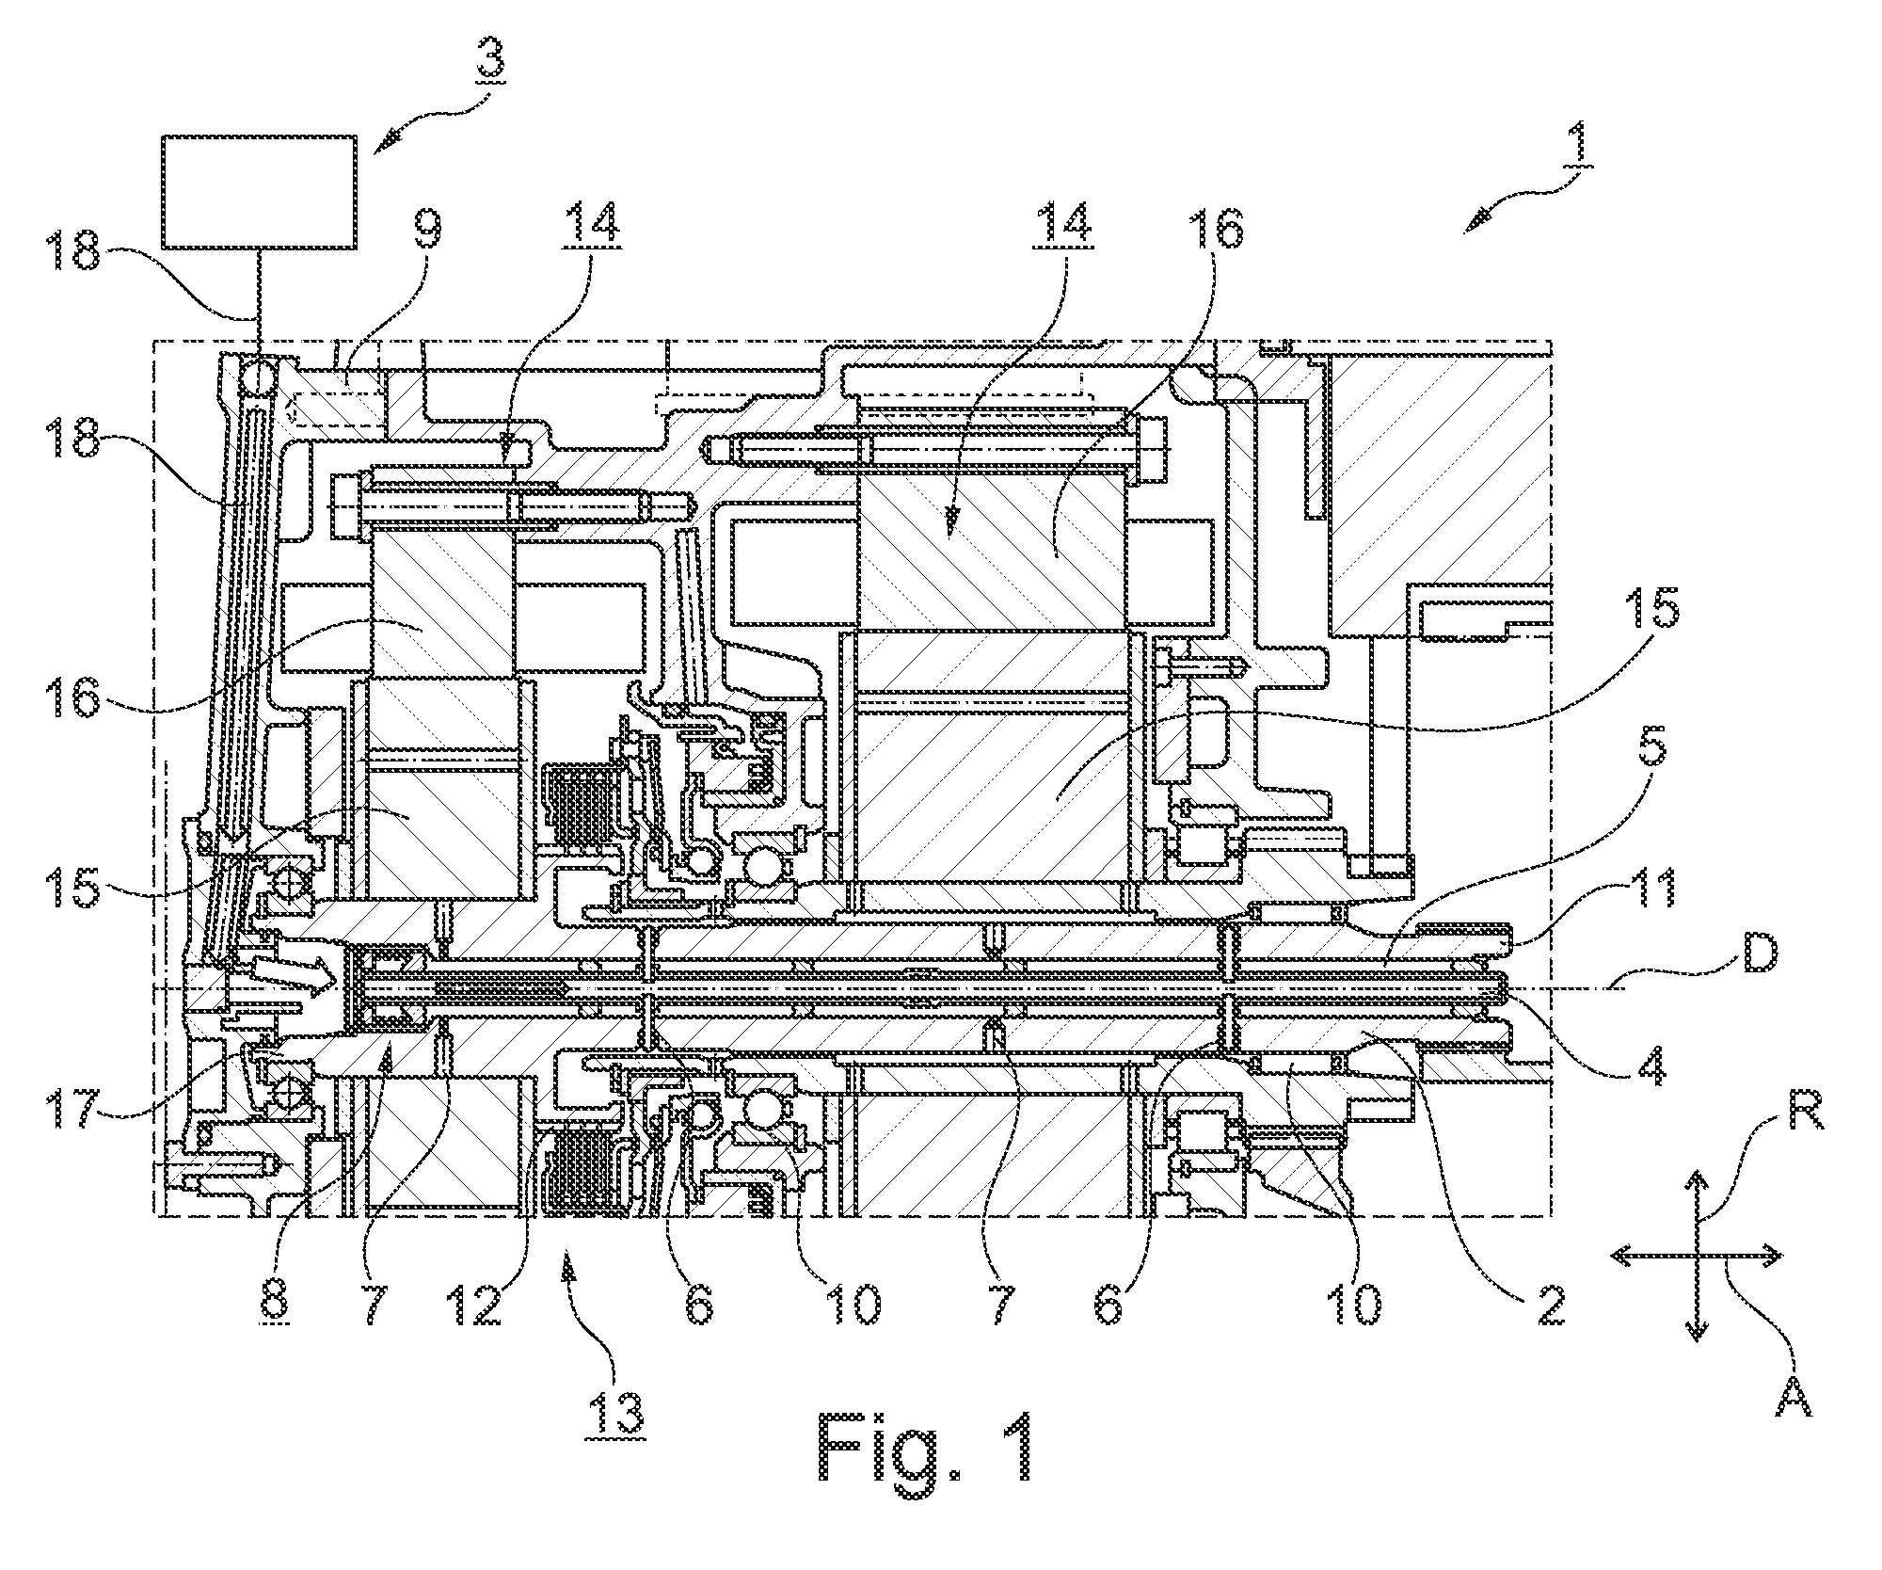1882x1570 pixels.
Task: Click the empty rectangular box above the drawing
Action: [x=260, y=192]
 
